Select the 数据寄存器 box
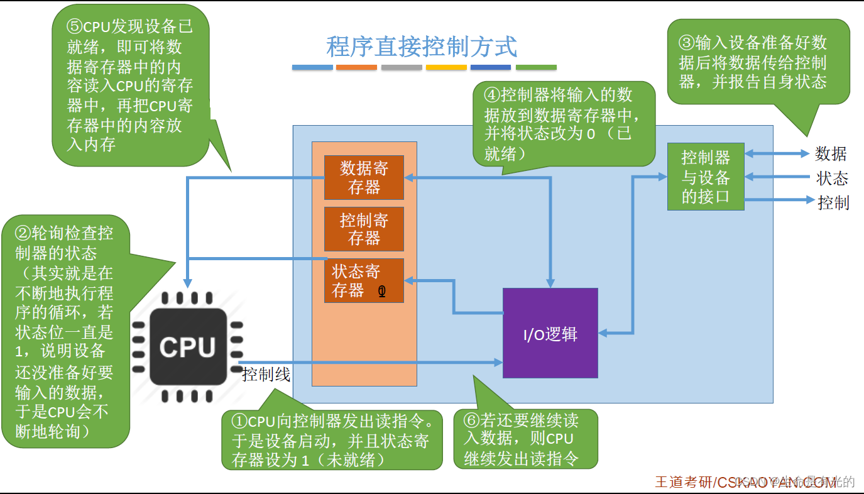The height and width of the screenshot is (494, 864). pyautogui.click(x=364, y=177)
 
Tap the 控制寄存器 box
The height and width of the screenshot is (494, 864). pyautogui.click(x=364, y=229)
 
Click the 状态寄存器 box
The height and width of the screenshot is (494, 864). pyautogui.click(x=364, y=280)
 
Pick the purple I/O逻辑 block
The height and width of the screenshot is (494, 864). pyautogui.click(x=550, y=333)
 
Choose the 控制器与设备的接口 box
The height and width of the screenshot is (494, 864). pyautogui.click(x=705, y=177)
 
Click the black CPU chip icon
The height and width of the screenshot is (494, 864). pyautogui.click(x=187, y=347)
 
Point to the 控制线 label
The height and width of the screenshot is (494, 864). pyautogui.click(x=266, y=375)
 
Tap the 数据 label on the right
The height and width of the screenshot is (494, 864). pyautogui.click(x=831, y=154)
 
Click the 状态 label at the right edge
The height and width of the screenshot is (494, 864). pyautogui.click(x=832, y=178)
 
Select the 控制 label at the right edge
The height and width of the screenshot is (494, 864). pyautogui.click(x=833, y=202)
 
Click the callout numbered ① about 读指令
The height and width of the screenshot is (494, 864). pyautogui.click(x=332, y=440)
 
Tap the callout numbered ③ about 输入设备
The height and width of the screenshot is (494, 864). pyautogui.click(x=758, y=62)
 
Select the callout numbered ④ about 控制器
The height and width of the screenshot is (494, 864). pyautogui.click(x=563, y=123)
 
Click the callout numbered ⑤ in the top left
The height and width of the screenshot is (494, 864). pyautogui.click(x=130, y=85)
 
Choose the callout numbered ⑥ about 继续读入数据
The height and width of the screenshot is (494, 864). pyautogui.click(x=525, y=439)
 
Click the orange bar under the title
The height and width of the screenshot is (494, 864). pyautogui.click(x=356, y=67)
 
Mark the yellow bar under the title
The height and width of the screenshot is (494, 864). pyautogui.click(x=446, y=67)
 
